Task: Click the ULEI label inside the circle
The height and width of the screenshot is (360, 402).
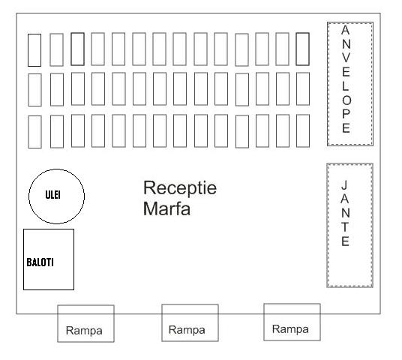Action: (52, 195)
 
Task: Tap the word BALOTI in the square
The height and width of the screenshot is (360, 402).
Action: (40, 262)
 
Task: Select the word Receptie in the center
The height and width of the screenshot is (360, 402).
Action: (180, 188)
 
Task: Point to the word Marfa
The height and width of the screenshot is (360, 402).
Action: (167, 208)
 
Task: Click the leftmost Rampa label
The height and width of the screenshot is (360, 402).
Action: (84, 331)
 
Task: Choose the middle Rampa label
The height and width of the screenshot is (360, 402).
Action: (187, 330)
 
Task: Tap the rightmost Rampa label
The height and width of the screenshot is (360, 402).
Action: (290, 329)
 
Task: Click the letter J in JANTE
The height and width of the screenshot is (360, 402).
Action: (344, 185)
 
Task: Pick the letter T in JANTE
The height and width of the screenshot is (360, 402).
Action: (345, 227)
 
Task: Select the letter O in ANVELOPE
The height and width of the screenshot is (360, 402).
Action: (346, 100)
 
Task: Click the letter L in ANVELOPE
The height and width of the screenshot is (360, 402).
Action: (346, 87)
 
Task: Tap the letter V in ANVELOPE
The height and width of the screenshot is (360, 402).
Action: (346, 58)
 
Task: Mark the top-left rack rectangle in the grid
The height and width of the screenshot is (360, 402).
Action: (34, 50)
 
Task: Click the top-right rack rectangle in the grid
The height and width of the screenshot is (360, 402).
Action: (302, 49)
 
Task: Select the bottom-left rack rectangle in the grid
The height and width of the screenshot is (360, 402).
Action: (34, 132)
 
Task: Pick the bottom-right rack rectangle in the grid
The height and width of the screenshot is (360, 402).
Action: (303, 130)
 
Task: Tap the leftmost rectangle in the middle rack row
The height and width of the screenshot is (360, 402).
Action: (34, 90)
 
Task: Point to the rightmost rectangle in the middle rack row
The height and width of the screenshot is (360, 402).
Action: (303, 88)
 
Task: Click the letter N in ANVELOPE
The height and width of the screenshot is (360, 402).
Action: (346, 43)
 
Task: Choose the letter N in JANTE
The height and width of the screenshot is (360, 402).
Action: (345, 213)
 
